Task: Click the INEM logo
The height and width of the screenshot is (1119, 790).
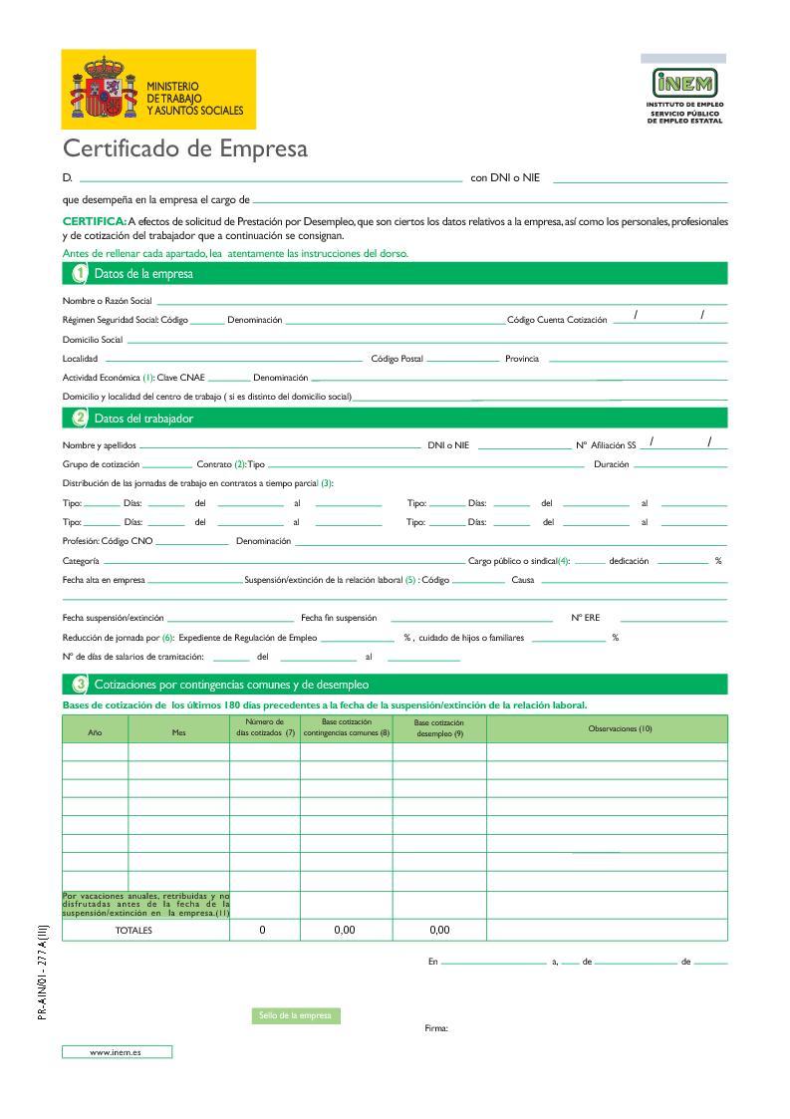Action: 683,83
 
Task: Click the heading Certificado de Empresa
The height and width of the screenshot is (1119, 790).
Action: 185,148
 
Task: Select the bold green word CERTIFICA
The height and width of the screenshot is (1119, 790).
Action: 94,221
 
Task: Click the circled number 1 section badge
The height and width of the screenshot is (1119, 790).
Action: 81,273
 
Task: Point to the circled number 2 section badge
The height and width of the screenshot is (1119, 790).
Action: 81,419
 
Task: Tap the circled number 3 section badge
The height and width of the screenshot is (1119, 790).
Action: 81,685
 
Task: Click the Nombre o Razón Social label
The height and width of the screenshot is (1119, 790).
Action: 107,300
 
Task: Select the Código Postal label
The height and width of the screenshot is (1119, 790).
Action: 396,359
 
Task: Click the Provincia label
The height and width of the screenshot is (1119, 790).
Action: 522,359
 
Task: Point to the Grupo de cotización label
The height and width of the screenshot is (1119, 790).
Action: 101,464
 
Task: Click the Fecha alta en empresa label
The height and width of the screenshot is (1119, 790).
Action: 104,580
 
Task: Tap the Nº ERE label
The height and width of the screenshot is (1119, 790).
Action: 585,618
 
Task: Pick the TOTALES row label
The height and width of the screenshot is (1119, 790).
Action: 132,930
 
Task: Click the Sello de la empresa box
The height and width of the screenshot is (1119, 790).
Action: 294,1015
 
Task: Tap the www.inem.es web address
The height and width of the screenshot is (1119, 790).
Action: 116,1051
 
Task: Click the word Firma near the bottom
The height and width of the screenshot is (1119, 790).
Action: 436,1028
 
